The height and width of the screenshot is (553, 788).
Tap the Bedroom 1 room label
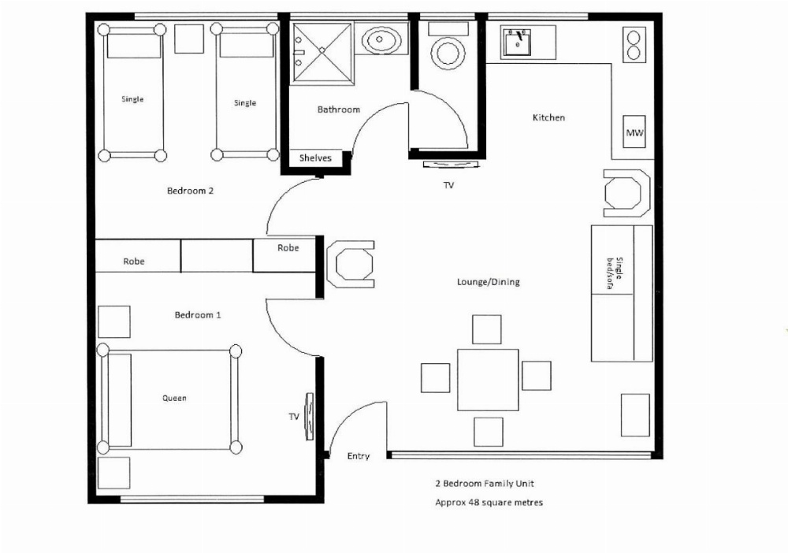point(197,315)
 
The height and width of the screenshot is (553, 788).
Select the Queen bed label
point(174,399)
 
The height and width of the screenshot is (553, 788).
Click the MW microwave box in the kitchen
point(634,133)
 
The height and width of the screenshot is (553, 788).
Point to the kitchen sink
point(518,43)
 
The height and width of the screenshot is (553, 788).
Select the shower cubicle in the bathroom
point(322,51)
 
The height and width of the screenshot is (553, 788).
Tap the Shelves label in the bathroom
point(315,158)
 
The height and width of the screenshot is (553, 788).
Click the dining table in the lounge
point(488,380)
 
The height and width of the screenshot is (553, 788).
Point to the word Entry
point(359,456)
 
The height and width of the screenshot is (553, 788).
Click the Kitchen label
point(548,117)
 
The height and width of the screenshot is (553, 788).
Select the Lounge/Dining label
point(488,282)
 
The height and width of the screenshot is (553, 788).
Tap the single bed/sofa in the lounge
point(621,293)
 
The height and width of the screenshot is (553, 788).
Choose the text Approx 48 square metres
point(489,502)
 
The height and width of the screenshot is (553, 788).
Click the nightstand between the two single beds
point(189,39)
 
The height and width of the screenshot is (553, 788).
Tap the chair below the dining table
point(488,432)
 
